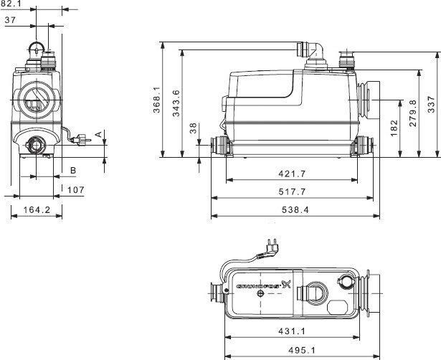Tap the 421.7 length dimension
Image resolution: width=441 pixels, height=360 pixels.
tap(293, 174)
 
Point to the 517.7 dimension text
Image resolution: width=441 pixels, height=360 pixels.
tap(293, 192)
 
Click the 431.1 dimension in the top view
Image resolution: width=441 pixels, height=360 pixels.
tap(293, 331)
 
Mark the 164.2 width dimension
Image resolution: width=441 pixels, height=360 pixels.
tap(37, 210)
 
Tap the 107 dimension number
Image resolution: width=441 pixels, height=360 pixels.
tap(76, 190)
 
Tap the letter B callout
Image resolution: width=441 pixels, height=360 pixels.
tap(72, 170)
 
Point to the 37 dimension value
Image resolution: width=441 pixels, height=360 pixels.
tap(11, 21)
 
